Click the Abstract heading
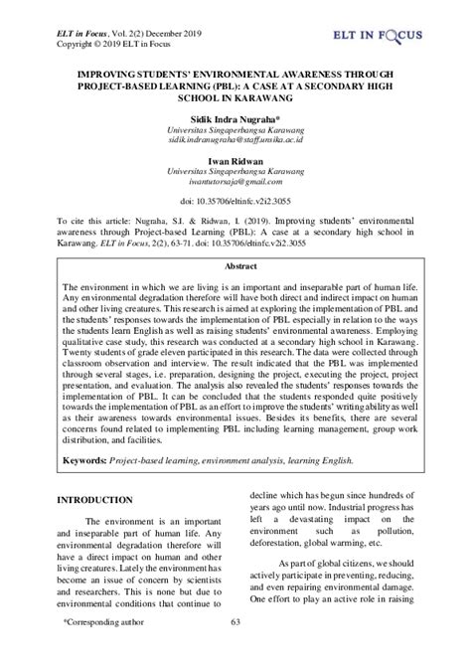(235, 239)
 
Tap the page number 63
(235, 650)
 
